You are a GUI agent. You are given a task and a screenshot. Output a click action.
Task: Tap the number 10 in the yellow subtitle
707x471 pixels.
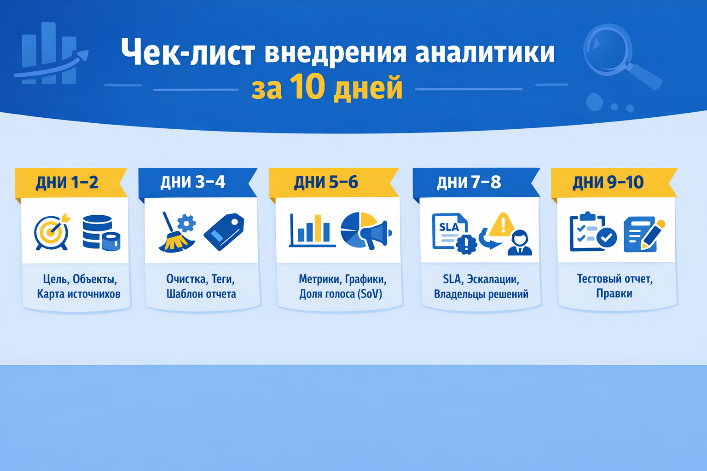(307, 87)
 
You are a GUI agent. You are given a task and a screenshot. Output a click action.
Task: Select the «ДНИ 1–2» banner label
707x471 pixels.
(67, 183)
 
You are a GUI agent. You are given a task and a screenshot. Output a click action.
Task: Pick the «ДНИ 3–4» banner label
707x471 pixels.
(193, 182)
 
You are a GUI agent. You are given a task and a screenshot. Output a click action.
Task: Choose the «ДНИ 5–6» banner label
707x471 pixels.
(326, 183)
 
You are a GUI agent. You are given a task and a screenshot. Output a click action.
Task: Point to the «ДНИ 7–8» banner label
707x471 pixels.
(469, 183)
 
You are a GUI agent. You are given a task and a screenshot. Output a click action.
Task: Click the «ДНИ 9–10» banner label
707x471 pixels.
(608, 183)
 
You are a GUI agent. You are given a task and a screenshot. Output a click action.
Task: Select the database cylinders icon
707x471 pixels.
(101, 233)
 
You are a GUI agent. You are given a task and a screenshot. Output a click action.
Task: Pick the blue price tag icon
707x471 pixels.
(224, 232)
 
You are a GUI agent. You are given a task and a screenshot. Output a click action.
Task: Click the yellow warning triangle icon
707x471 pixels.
(503, 224)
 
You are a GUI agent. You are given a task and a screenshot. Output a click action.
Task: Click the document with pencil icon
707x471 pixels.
(643, 234)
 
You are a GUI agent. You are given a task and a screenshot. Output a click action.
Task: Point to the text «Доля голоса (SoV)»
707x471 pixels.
(341, 294)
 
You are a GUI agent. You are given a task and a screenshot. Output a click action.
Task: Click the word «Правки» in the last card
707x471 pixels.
(614, 293)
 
